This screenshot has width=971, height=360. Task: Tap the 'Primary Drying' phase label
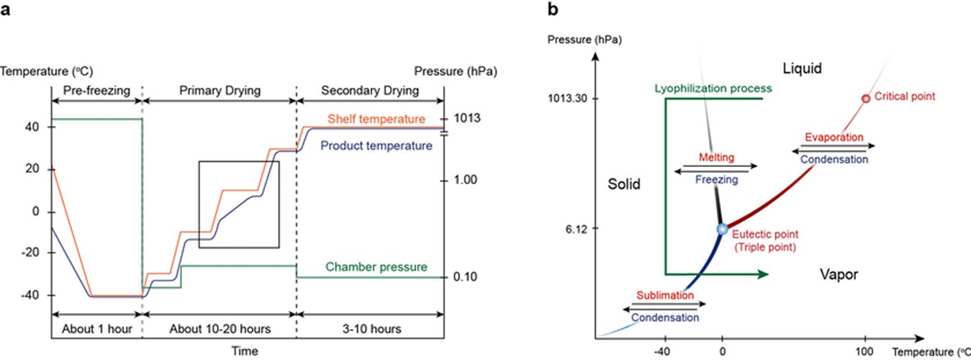click(x=219, y=91)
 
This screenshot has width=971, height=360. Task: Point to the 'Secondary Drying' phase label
click(x=369, y=91)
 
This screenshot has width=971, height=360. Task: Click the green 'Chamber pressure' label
click(x=376, y=267)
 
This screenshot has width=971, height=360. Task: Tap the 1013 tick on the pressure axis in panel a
click(x=468, y=119)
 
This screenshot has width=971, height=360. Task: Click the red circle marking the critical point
click(x=866, y=99)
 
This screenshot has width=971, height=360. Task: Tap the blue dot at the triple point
click(x=723, y=229)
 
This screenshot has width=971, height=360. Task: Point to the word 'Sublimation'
click(x=665, y=295)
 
